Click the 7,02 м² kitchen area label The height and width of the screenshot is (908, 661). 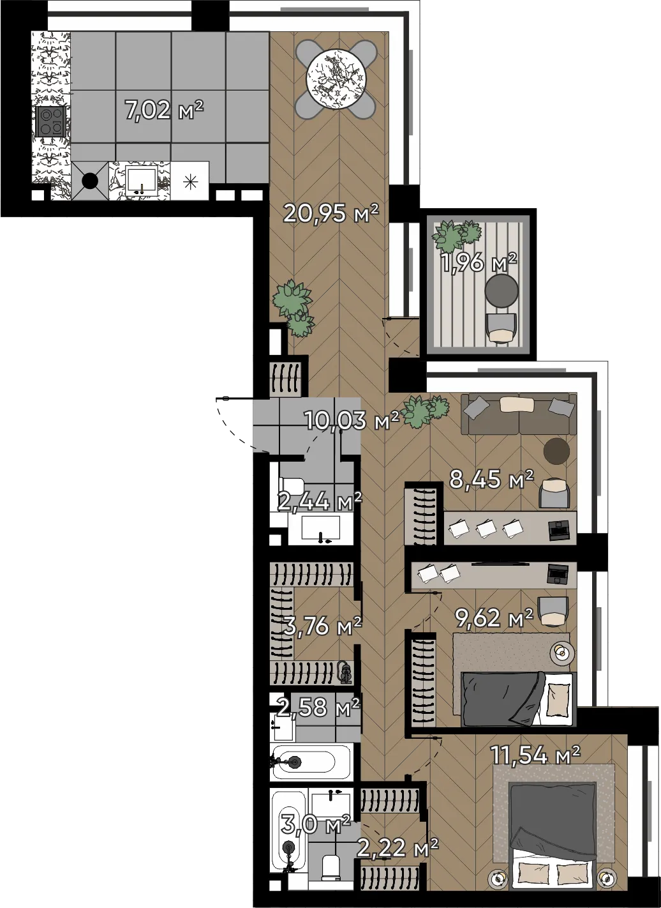163,110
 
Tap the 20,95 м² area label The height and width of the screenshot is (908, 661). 331,213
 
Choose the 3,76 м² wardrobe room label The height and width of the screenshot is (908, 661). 322,626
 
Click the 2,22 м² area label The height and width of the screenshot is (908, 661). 397,847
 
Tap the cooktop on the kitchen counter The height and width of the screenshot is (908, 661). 50,121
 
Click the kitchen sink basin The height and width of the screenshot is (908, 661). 141,181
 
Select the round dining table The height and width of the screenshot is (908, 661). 336,79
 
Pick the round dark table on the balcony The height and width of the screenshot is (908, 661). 501,291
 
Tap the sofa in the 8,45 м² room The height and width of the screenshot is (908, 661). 519,414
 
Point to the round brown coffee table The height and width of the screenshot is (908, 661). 556,451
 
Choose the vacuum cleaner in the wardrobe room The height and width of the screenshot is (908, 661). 345,674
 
